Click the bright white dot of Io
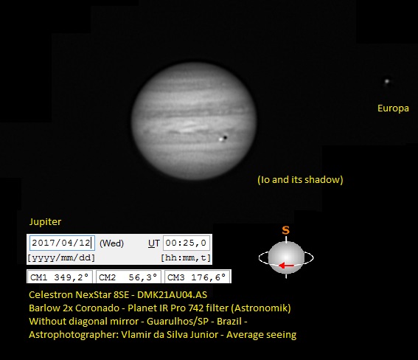pyautogui.click(x=221, y=139)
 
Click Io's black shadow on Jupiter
pyautogui.click(x=226, y=138)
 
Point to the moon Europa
pyautogui.click(x=387, y=81)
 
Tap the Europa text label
pyautogui.click(x=393, y=108)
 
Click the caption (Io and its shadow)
pyautogui.click(x=300, y=179)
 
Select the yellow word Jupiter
pyautogui.click(x=45, y=221)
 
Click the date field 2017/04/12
pyautogui.click(x=62, y=243)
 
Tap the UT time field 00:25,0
pyautogui.click(x=186, y=243)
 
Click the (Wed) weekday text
pyautogui.click(x=111, y=243)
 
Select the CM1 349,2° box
pyautogui.click(x=60, y=277)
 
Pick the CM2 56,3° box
pyautogui.click(x=128, y=277)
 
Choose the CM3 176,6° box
pyautogui.click(x=197, y=277)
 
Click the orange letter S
pyautogui.click(x=286, y=230)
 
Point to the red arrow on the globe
pyautogui.click(x=286, y=266)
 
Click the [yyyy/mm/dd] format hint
pyautogui.click(x=61, y=258)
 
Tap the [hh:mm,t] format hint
pyautogui.click(x=186, y=258)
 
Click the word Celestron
pyautogui.click(x=51, y=294)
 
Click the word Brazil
pyautogui.click(x=229, y=321)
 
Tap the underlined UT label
pyautogui.click(x=154, y=243)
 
